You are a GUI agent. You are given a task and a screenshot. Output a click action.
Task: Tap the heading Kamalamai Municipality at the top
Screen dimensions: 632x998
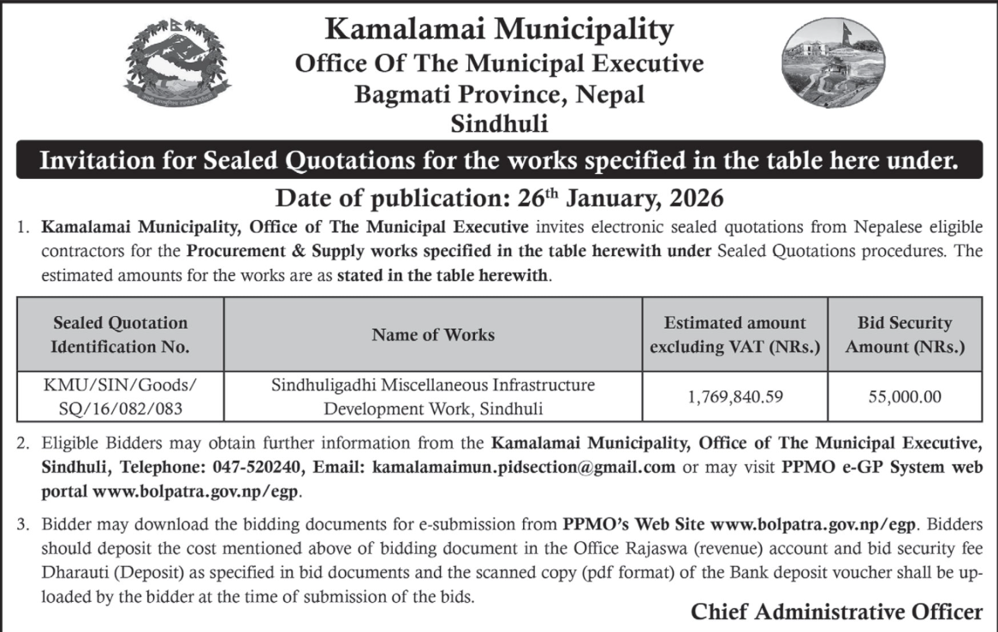499,31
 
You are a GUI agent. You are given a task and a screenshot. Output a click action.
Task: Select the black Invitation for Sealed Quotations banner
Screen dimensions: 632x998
499,160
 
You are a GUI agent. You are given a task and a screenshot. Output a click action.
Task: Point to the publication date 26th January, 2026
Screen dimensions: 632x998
499,199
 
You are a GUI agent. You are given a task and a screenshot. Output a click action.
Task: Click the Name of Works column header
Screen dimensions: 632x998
433,335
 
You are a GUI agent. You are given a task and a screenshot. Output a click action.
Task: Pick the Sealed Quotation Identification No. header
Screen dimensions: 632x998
121,335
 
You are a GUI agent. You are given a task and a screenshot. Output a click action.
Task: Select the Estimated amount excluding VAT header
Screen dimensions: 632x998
735,335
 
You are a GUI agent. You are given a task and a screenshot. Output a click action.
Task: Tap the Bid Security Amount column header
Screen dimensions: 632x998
905,335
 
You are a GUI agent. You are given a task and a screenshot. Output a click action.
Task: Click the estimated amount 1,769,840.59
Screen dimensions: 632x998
735,397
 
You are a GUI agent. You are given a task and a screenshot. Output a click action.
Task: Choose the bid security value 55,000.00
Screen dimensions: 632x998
905,397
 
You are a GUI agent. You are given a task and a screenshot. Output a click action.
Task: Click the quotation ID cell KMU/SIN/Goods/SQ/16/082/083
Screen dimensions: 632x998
121,397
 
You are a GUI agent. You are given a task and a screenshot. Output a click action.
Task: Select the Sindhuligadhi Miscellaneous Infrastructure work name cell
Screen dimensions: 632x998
433,397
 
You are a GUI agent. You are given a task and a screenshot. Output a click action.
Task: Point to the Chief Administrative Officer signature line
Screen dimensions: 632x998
836,612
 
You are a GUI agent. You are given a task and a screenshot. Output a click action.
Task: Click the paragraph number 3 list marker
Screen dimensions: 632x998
22,523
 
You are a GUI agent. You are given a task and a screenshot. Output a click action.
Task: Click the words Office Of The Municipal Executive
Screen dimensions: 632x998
499,63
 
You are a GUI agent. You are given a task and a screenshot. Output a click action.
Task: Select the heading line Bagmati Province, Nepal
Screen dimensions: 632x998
499,94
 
